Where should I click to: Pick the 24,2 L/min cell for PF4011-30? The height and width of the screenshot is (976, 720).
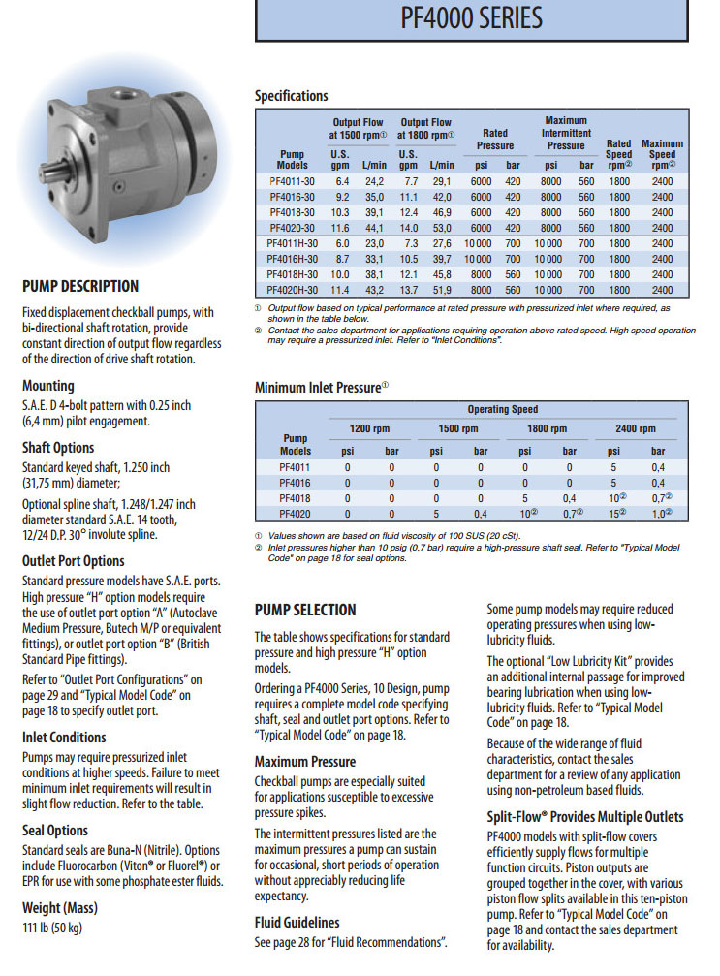coord(375,181)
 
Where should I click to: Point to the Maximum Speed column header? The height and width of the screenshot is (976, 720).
coord(662,149)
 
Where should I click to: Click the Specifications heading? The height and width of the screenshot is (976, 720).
coord(291,96)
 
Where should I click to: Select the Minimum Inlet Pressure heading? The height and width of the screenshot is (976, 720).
coord(321,387)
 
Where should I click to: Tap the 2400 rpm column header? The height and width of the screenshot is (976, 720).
coord(635,428)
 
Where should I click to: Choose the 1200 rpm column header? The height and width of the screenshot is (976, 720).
coord(368,428)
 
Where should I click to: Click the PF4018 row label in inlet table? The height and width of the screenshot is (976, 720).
coord(295,497)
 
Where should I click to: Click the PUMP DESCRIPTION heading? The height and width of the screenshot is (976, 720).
coord(80,287)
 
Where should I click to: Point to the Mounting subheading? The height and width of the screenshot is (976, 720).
coord(48,386)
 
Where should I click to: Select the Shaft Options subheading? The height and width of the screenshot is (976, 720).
coord(58,448)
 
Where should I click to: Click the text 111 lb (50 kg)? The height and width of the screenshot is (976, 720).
coord(52,929)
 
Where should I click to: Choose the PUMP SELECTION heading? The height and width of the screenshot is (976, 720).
coord(305,610)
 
